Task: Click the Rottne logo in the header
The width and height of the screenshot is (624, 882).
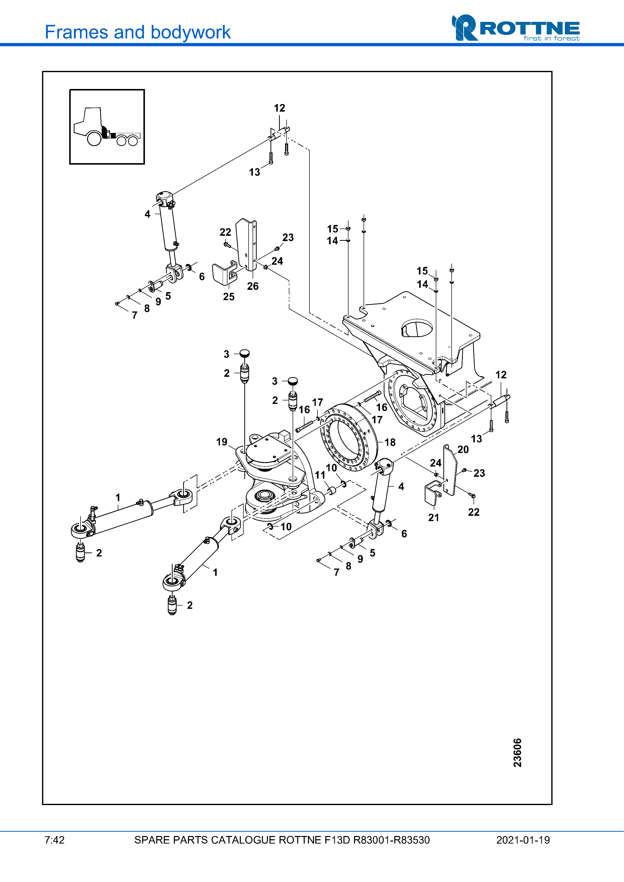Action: [515, 28]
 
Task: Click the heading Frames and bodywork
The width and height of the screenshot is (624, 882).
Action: [137, 32]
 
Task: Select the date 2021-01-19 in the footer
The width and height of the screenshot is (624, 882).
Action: [523, 840]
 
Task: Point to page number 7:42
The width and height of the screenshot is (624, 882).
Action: [55, 840]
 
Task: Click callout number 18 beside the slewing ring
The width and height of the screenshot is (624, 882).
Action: [389, 442]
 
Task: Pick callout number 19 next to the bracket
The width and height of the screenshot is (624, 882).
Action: [221, 442]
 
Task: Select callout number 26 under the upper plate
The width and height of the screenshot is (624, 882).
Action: [253, 286]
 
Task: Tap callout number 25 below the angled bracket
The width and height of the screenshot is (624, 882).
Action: [228, 297]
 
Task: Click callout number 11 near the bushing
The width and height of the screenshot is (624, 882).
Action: [320, 475]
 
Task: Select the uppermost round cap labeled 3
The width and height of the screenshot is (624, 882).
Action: [245, 353]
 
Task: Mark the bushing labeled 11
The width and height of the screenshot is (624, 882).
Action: [331, 491]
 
